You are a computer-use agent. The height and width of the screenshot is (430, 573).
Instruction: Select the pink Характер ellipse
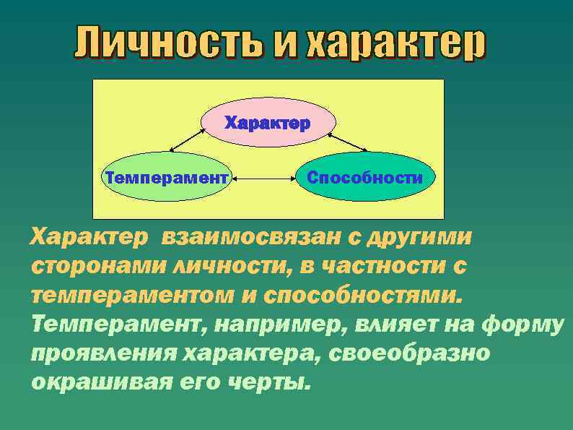(266, 123)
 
